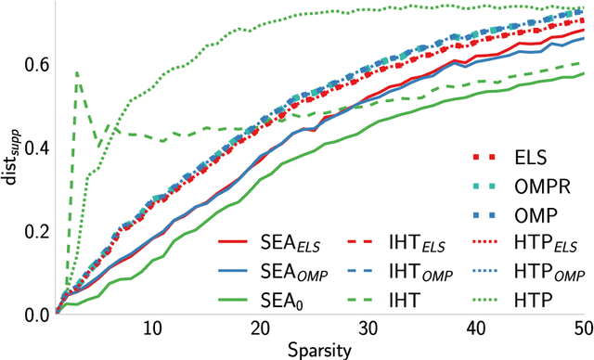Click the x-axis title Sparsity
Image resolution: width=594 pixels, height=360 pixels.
(x=318, y=349)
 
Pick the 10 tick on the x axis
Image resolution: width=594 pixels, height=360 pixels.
(x=153, y=328)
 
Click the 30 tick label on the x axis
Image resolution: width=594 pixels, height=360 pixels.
(x=370, y=328)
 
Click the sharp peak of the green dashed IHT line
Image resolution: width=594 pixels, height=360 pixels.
(x=76, y=71)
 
